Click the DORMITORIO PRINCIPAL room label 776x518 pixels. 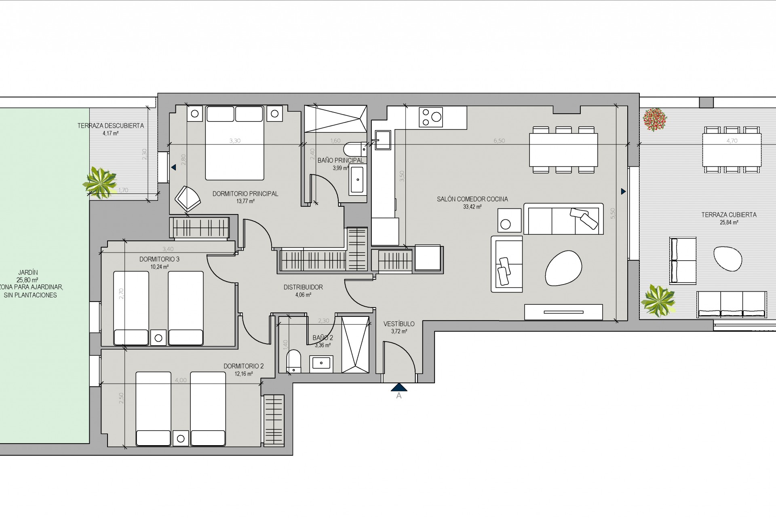tap(245, 194)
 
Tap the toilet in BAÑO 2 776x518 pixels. tap(294, 361)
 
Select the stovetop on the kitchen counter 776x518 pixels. tap(431, 117)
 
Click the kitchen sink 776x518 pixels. tap(382, 140)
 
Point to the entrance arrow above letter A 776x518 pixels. tap(399, 387)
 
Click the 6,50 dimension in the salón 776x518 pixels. tap(499, 141)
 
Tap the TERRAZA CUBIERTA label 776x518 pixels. tap(729, 215)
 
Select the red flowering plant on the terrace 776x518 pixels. tap(655, 119)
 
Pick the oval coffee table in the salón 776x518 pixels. tap(563, 267)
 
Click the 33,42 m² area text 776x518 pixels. tap(472, 207)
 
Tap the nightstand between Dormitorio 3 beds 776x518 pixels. tap(158, 338)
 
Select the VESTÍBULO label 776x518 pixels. tap(399, 324)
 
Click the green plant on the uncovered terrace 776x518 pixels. tap(100, 183)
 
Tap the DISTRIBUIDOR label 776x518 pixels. tap(303, 287)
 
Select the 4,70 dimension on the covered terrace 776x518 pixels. tap(732, 141)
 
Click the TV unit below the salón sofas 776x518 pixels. tap(563, 312)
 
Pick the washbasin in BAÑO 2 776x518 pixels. tap(321, 363)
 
